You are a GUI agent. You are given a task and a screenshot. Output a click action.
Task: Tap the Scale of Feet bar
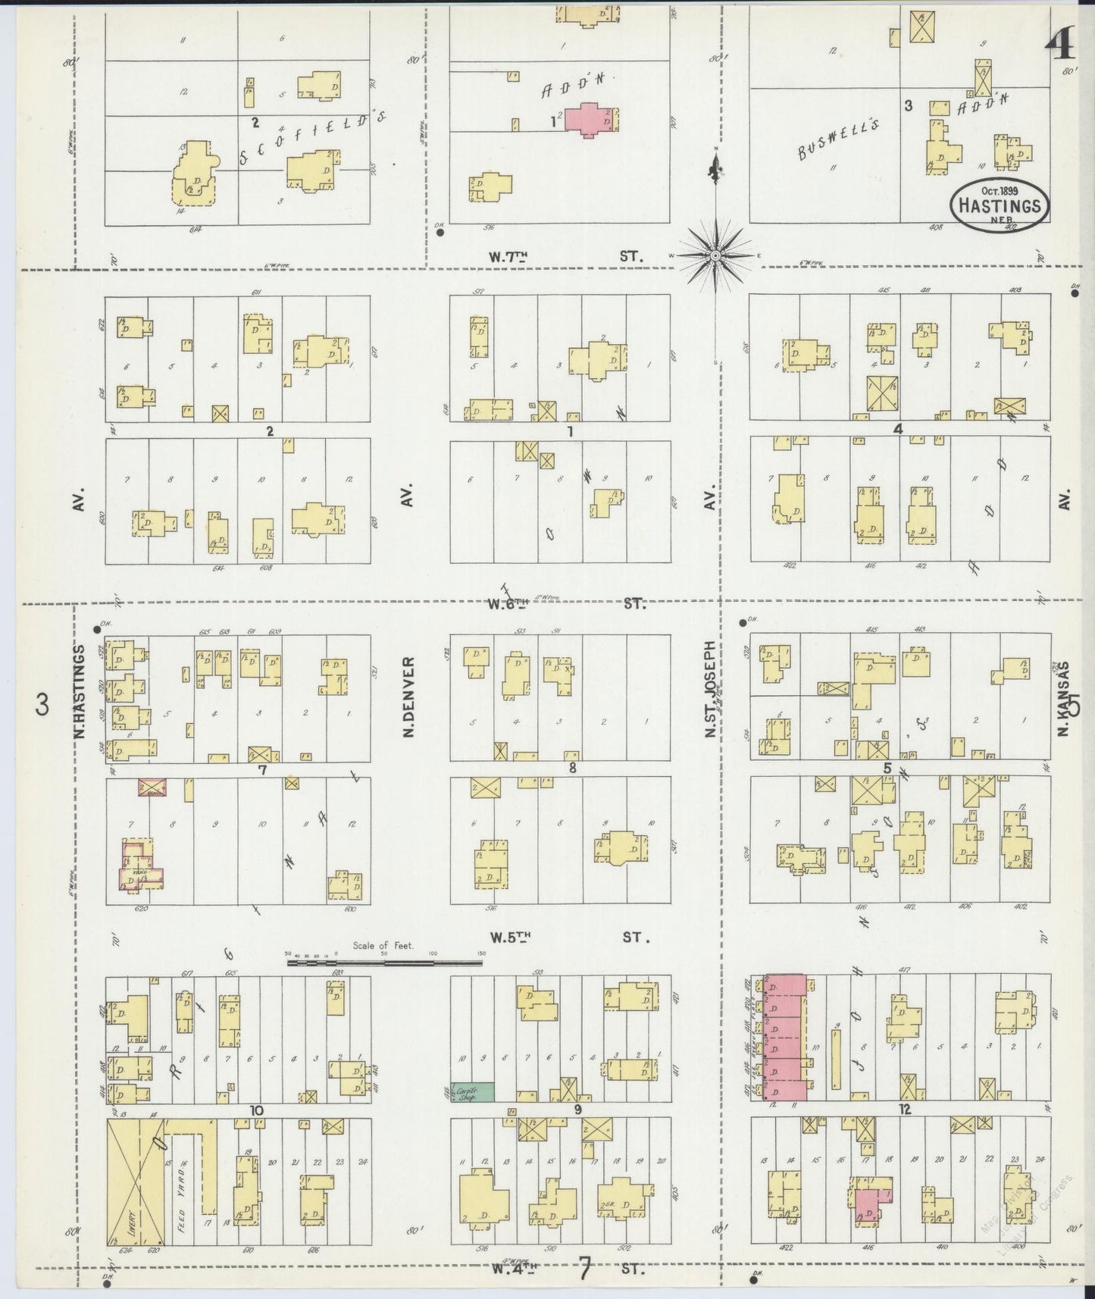tap(384, 963)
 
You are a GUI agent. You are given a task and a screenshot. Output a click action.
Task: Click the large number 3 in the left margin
tap(42, 706)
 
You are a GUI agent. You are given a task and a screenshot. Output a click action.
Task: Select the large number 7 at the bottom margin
tap(584, 1267)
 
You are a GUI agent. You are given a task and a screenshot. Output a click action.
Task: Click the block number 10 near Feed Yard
tap(257, 1110)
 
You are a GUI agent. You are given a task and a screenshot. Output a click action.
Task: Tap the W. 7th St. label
tap(565, 256)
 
